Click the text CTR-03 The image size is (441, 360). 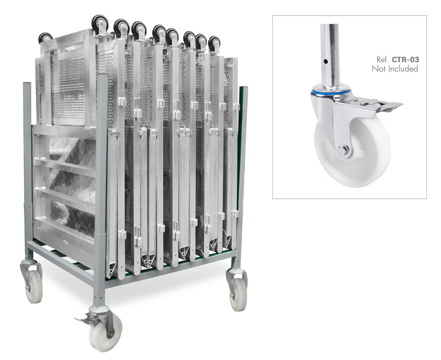click(406, 59)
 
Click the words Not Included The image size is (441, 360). click(395, 69)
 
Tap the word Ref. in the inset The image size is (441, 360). click(383, 59)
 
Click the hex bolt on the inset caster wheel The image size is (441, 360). click(343, 151)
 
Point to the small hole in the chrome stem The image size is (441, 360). click(325, 61)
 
